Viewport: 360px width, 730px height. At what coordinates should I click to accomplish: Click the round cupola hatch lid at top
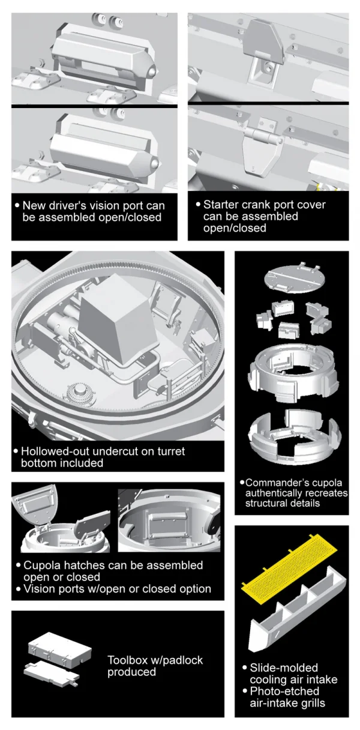pos(295,276)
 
